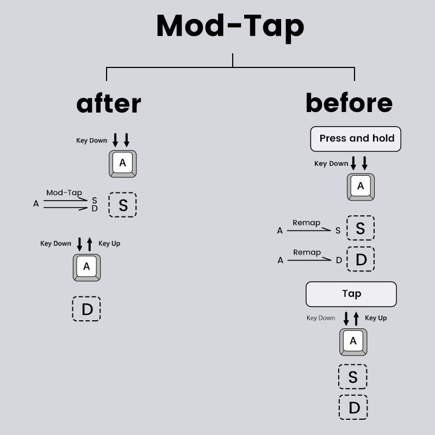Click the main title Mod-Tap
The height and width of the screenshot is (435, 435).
tap(230, 26)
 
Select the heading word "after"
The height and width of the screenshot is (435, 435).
tap(109, 103)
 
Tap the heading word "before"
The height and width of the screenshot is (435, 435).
tap(349, 103)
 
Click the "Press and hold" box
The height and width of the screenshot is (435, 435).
tap(356, 139)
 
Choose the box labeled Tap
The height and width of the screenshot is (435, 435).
tap(351, 294)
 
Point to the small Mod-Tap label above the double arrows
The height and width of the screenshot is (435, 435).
tap(64, 192)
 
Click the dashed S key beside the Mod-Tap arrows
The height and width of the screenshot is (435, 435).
tap(123, 205)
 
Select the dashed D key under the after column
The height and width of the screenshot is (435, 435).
tap(87, 309)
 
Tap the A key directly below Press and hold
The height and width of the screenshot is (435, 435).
tap(361, 187)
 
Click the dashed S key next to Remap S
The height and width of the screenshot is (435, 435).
tap(360, 228)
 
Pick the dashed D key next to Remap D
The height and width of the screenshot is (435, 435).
tap(361, 259)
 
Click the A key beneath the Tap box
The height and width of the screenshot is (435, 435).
tap(353, 341)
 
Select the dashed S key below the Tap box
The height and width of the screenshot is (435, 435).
tap(353, 376)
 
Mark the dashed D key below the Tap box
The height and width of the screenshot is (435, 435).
tap(353, 407)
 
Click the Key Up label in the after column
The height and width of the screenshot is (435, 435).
tap(109, 244)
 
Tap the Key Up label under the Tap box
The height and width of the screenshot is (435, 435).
tap(376, 318)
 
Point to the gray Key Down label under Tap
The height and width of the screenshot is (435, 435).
tap(321, 318)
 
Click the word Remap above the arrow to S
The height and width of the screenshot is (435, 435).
tap(306, 222)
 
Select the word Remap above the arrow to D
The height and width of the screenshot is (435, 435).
tap(307, 252)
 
